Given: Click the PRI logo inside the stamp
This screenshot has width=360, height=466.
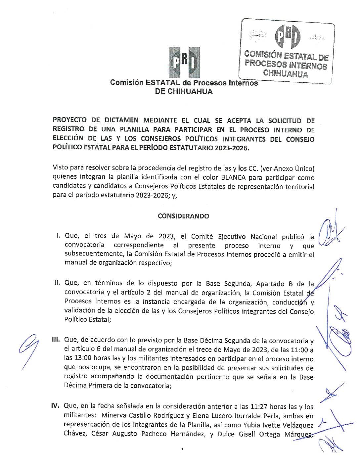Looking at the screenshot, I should point(288,36).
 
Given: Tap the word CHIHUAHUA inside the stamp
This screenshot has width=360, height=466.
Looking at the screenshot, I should point(285,73).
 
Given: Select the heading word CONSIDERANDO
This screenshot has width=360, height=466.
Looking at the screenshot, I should point(183,216).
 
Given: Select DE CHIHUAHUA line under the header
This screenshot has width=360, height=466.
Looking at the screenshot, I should point(184,92).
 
